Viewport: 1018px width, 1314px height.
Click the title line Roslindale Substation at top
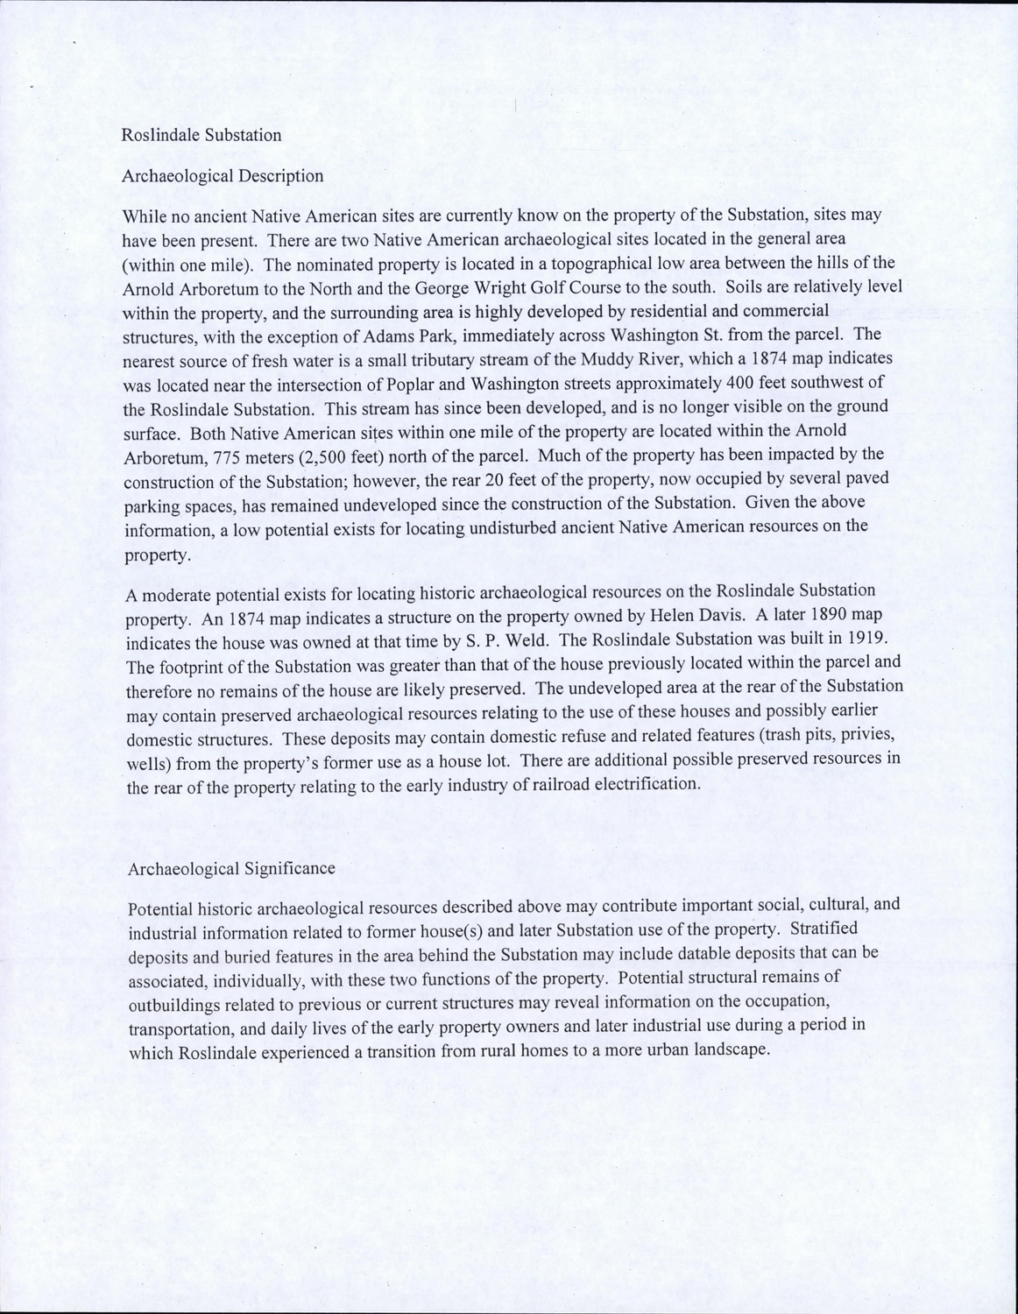pyautogui.click(x=201, y=135)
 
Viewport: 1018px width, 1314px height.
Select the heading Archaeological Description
pyautogui.click(x=223, y=175)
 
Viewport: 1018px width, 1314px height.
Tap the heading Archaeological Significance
pyautogui.click(x=231, y=868)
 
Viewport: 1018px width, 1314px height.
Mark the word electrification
pyautogui.click(x=647, y=784)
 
